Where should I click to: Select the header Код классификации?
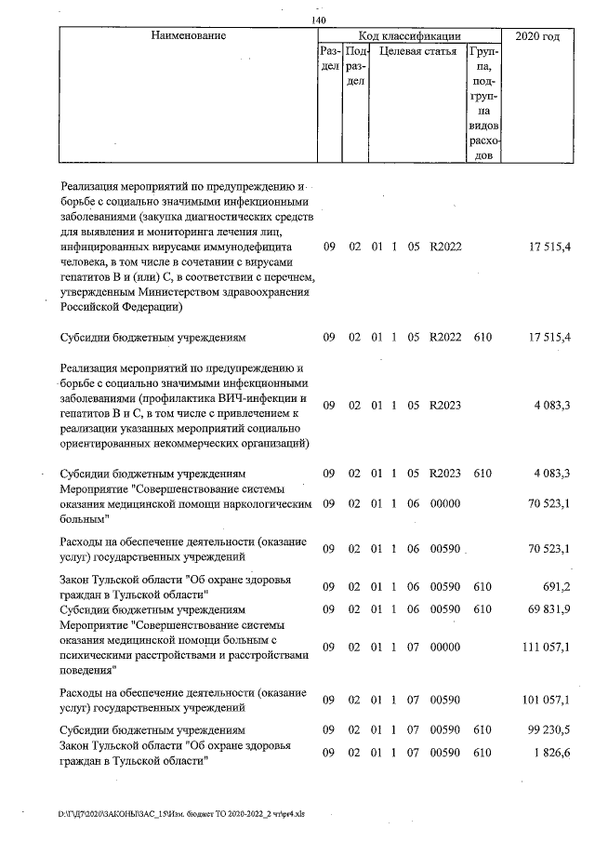(x=410, y=35)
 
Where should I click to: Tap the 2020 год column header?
(x=537, y=36)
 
